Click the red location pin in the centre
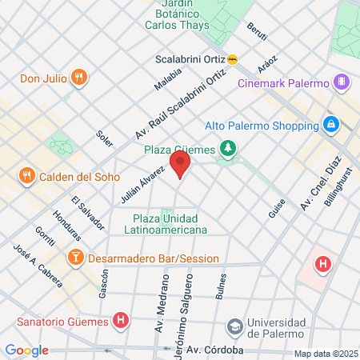[182, 166]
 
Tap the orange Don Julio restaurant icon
[78, 78]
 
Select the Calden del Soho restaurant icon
[27, 176]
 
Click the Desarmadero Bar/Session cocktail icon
[75, 258]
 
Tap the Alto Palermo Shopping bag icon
[330, 126]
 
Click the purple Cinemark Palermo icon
[342, 82]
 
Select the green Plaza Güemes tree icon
[229, 148]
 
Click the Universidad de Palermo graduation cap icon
[234, 326]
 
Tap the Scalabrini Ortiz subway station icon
[232, 58]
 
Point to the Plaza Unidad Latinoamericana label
[170, 224]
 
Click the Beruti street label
[257, 31]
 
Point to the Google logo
[27, 350]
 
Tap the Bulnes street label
[221, 287]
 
